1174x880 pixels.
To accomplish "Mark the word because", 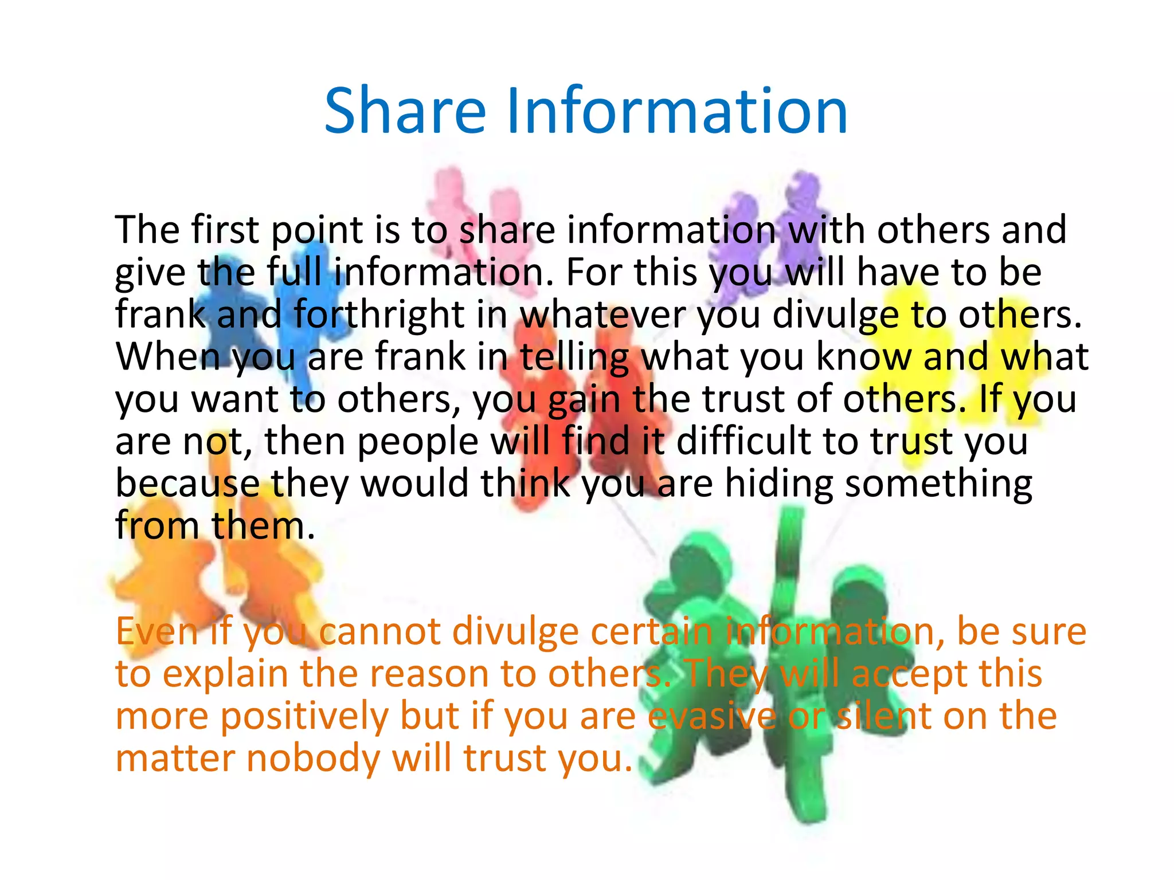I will tap(187, 483).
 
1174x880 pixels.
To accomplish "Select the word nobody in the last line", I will tap(314, 758).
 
